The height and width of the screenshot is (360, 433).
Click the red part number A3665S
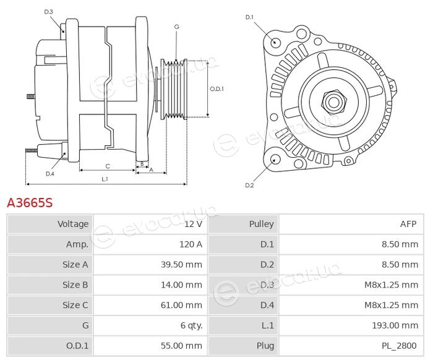tap(30, 203)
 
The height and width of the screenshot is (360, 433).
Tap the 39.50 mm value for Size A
tap(181, 265)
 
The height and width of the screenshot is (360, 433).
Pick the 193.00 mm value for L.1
tap(395, 325)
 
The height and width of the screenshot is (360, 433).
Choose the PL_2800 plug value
tap(399, 346)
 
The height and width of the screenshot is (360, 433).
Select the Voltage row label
tap(73, 224)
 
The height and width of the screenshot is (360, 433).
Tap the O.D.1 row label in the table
tap(77, 346)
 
